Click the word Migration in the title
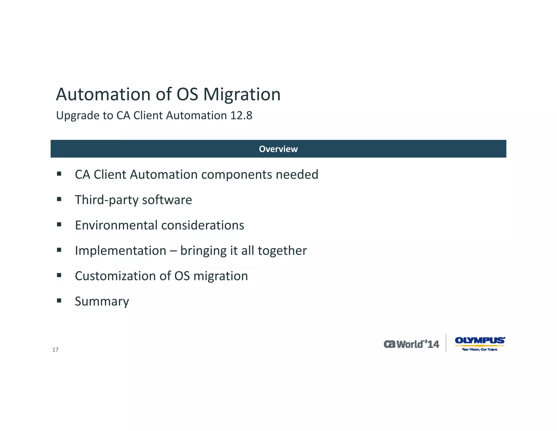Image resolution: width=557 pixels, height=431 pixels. [242, 95]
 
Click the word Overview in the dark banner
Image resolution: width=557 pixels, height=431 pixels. [278, 149]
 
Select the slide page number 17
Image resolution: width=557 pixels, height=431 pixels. [55, 350]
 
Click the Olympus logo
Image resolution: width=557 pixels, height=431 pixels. [480, 343]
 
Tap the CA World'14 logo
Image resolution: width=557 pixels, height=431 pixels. [411, 344]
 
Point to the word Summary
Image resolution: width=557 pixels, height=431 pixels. [102, 301]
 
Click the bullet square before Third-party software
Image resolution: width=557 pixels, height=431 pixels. [59, 199]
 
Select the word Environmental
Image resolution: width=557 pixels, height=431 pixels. [116, 225]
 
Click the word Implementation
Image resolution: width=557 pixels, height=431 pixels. [120, 251]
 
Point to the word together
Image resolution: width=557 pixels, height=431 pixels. [282, 251]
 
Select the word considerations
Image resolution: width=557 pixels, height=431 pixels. [203, 225]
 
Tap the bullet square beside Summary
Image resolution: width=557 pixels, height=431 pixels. [59, 301]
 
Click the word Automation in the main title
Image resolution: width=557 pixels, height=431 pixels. [103, 95]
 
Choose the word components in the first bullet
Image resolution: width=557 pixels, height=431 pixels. [236, 175]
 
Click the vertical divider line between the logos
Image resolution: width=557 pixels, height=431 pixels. [446, 343]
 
